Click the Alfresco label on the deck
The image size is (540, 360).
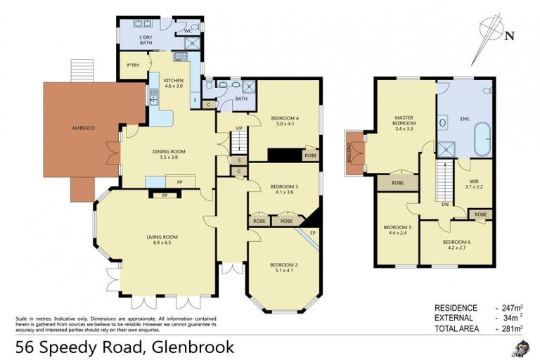point(82,127)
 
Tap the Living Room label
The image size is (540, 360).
point(164,238)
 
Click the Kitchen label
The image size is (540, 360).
point(173,83)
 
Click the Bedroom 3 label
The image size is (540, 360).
point(284,188)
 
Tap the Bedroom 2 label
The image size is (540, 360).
point(284,267)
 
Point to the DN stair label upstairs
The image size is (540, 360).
point(444,205)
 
